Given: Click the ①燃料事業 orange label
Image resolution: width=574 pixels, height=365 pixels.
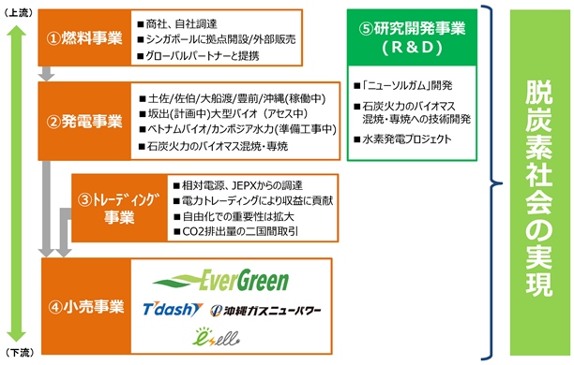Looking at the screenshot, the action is pos(84,37).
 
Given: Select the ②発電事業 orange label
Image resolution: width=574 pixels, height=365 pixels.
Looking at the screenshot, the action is pos(84,122).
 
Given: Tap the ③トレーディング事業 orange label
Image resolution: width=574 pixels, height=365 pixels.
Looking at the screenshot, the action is pos(119,208).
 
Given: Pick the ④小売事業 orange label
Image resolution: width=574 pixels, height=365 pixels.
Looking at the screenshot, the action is pos(86,306).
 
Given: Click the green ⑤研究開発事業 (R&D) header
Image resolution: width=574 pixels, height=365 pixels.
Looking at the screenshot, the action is pos(412,37).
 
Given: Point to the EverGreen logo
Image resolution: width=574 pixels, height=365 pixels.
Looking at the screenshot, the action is pos(220,281).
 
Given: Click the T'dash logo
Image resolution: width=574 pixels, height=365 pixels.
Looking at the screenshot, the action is pos(173,310).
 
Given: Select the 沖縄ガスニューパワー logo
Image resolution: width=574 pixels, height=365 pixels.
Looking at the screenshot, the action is pos(265,311).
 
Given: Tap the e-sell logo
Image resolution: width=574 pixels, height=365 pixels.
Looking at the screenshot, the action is pos(216,337).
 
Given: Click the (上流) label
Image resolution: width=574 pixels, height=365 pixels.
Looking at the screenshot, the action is pos(19,13).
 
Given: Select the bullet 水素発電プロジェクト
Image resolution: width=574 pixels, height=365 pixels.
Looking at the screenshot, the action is pos(402,139).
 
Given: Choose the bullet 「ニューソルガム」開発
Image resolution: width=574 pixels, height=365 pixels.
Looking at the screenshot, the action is pos(403,85).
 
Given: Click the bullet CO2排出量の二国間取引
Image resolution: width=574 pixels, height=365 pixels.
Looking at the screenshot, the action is pos(236,232).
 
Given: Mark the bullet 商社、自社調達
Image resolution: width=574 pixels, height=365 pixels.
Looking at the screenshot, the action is pos(177,24).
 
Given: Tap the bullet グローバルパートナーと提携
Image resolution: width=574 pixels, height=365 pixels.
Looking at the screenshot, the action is pos(198,56).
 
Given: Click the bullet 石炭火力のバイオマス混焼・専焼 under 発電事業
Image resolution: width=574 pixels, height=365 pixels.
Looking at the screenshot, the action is pos(213,146).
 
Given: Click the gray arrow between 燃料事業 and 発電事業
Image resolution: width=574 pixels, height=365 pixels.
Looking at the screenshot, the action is pos(47,74).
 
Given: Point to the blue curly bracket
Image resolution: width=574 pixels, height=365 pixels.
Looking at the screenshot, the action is pos(491,182).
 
